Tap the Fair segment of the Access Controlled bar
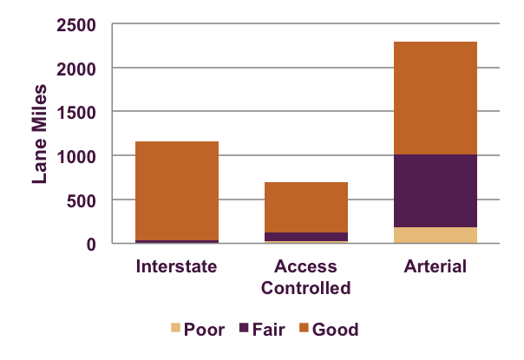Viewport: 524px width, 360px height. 305,236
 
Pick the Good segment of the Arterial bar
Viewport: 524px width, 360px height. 435,98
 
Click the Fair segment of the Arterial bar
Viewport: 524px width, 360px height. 435,191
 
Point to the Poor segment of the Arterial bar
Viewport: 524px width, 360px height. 435,235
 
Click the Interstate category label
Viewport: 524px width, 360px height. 176,265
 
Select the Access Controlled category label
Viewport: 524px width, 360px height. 305,276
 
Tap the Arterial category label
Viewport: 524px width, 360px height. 435,265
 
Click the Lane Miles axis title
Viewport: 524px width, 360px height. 40,134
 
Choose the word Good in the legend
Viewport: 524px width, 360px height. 335,330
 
